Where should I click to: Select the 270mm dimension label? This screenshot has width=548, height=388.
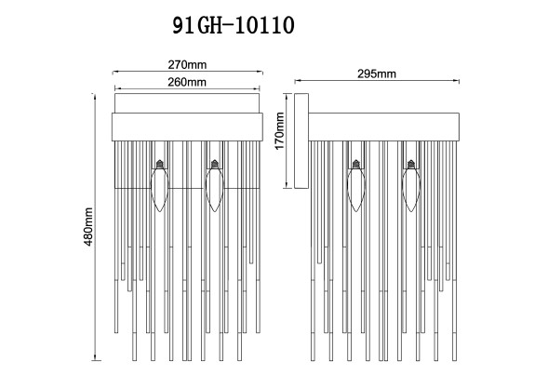[188, 65]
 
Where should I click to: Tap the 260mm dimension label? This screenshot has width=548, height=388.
[188, 82]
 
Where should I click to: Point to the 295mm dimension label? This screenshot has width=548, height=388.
[377, 74]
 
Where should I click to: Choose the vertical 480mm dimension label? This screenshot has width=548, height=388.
[89, 228]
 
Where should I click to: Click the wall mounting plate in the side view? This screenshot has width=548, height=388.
[301, 141]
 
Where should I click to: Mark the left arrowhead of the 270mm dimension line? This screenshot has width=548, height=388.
[114, 73]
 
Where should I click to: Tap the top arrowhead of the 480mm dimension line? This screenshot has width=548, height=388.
[99, 95]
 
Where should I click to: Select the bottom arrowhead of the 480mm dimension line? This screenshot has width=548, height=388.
[99, 361]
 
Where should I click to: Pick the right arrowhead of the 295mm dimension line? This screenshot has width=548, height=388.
[460, 82]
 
